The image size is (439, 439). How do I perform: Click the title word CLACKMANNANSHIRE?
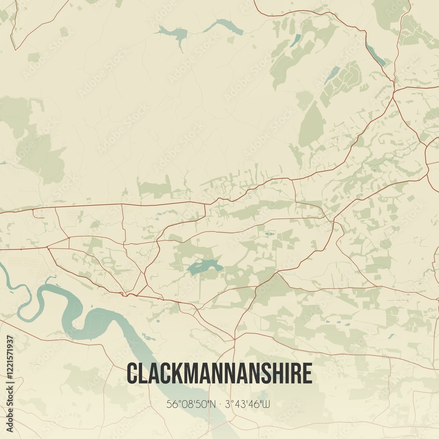(x=219, y=374)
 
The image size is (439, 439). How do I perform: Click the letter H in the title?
(x=277, y=374)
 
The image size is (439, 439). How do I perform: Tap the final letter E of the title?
(x=307, y=374)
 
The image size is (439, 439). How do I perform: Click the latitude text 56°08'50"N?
(x=191, y=404)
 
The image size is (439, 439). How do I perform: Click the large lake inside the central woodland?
(x=203, y=266)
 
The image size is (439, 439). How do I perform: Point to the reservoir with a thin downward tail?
(x=174, y=33)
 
